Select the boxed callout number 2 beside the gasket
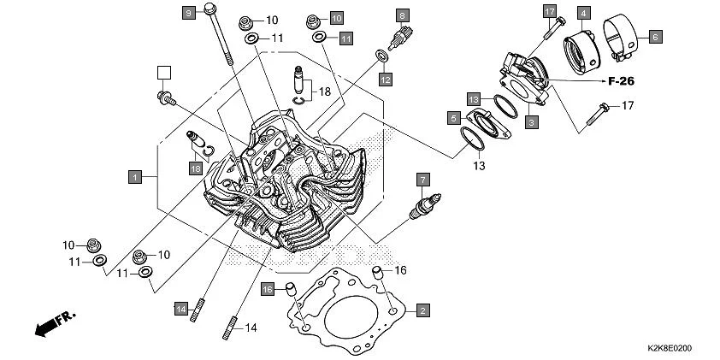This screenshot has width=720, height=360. tap(422, 310)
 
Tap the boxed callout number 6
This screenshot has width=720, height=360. tap(654, 37)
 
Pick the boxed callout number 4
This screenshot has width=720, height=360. tap(583, 13)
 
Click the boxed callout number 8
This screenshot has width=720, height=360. tap(402, 15)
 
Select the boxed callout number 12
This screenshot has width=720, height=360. tap(386, 80)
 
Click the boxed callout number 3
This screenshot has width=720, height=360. tap(531, 123)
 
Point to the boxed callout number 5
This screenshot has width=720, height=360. tap(452, 117)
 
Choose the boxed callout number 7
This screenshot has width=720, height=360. tap(422, 179)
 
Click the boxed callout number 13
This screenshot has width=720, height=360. tap(473, 98)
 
